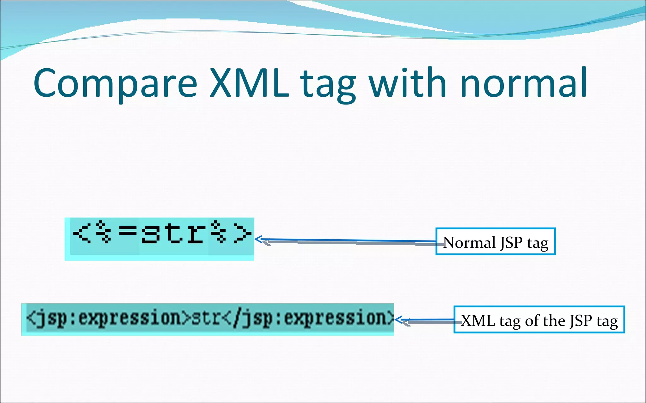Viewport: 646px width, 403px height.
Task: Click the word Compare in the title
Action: coord(115,83)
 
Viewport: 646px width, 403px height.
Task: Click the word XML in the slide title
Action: coord(249,83)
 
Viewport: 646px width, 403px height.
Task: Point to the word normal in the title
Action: coord(524,83)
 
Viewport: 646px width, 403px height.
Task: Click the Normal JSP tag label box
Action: coord(495,241)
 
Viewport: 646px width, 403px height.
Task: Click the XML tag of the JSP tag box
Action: coord(539,319)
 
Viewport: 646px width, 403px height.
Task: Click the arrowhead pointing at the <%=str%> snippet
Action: coord(258,239)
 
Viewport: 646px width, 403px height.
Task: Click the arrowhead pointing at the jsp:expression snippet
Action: coord(398,320)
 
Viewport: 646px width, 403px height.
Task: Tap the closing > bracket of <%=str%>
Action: coord(242,234)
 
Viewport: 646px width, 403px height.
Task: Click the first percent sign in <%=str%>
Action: coord(103,232)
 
